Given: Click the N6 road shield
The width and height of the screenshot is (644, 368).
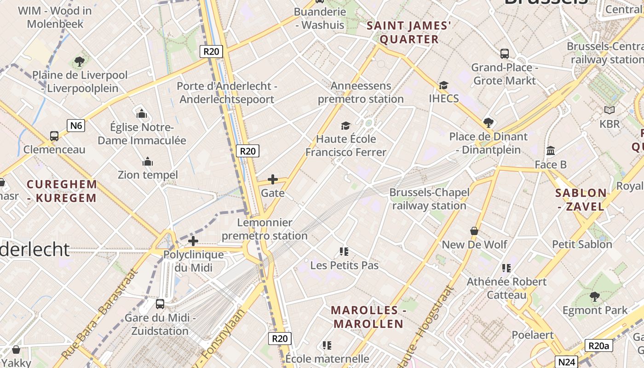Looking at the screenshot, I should [x=76, y=125].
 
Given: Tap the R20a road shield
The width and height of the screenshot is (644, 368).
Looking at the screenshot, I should [x=598, y=346].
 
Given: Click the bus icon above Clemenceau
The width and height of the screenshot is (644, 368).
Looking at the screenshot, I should [x=54, y=136].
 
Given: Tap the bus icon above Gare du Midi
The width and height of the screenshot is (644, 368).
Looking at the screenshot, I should [x=160, y=304].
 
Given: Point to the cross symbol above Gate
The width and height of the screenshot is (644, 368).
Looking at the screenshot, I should [x=273, y=179].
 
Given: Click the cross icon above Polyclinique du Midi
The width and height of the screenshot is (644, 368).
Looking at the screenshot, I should [x=193, y=241].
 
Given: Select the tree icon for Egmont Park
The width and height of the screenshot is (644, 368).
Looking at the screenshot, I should [x=595, y=297].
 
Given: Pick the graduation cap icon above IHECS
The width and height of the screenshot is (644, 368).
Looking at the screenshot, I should [x=443, y=85].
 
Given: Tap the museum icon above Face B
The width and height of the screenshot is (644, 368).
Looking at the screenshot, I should [x=551, y=151].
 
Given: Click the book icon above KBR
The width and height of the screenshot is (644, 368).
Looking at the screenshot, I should [x=609, y=110].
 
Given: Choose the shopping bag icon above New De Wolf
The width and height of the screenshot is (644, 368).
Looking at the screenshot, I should [x=474, y=231].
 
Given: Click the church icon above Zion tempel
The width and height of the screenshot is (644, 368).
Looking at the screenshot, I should [x=148, y=161].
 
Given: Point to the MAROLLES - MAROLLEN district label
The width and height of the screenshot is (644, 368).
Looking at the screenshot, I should [x=368, y=317].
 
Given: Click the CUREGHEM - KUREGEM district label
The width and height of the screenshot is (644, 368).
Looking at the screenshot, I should [x=62, y=191].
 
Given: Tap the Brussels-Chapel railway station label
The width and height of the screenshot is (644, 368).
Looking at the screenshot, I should [x=429, y=199].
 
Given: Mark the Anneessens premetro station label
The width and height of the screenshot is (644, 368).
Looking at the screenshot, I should [x=361, y=92].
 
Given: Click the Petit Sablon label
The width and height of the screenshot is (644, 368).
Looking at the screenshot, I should [x=582, y=244].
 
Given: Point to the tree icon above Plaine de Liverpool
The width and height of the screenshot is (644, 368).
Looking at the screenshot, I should [x=80, y=61].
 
